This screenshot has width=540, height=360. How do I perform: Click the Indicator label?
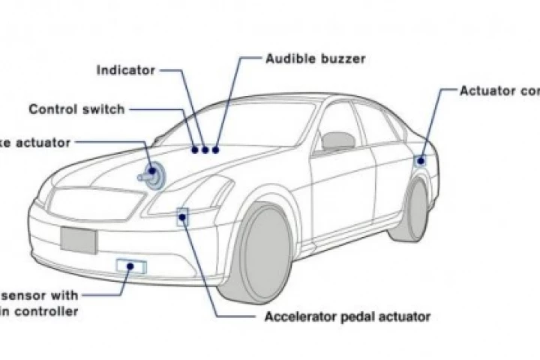(126, 70)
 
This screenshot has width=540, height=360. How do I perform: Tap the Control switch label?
(76, 109)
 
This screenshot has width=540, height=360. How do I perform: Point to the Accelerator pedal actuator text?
(347, 316)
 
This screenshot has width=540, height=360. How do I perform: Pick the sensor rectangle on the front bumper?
(131, 265)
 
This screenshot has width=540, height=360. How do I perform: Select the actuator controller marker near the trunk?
(421, 160)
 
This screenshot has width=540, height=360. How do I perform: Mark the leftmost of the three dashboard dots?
(194, 148)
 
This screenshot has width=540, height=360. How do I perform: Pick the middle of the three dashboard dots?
(205, 149)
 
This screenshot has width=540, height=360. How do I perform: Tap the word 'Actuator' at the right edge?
(488, 91)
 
